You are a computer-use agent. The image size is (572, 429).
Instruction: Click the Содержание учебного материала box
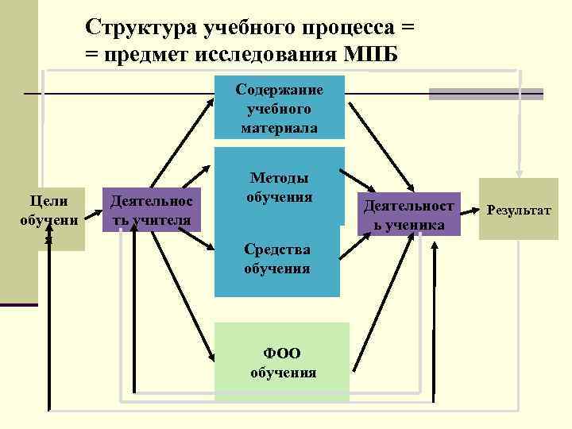pos(279,107)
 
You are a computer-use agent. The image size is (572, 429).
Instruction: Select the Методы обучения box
pos(279,187)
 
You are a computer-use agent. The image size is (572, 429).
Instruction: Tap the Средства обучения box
pos(277,259)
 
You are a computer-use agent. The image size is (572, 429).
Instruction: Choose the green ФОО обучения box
pos(282,362)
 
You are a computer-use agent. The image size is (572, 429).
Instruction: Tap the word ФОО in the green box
pos(283,354)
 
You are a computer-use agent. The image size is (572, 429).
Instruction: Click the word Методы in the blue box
pos(279,179)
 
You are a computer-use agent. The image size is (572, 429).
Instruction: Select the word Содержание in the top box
pos(279,89)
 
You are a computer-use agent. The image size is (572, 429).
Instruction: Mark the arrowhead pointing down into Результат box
pos(519,172)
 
